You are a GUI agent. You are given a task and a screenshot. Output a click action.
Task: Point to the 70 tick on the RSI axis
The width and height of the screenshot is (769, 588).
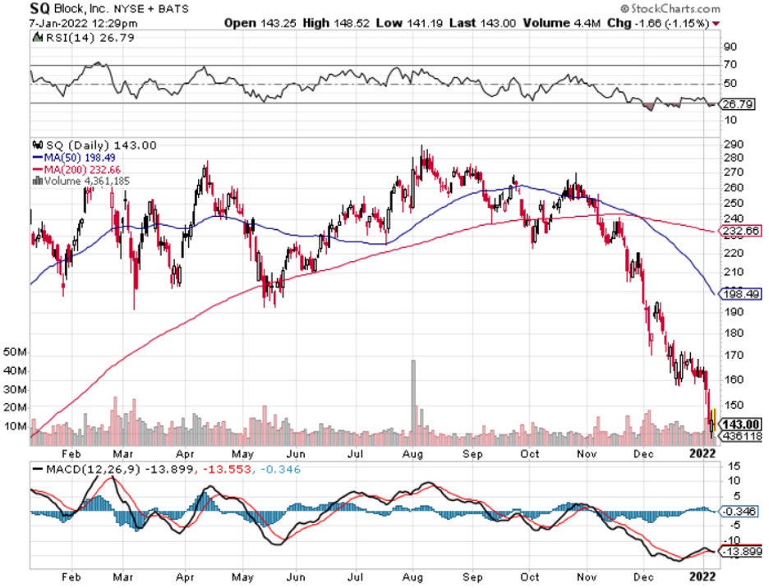pos(729,65)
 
